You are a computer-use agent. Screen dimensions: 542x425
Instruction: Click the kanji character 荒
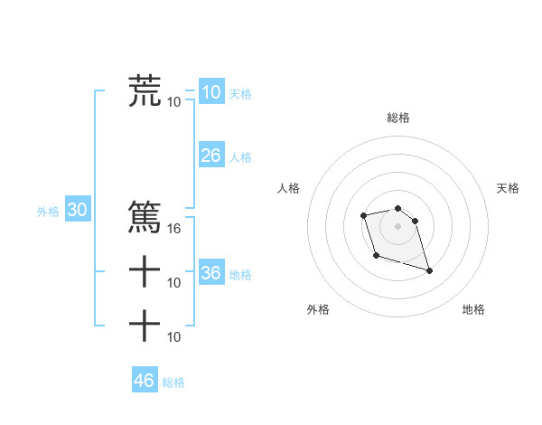tap(145, 91)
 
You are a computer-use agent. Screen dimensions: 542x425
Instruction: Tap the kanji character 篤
tap(145, 217)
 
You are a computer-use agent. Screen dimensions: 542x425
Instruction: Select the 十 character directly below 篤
tap(145, 271)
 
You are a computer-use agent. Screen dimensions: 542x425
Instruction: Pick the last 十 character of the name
tap(145, 325)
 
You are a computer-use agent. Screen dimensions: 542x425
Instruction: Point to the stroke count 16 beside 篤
tap(174, 228)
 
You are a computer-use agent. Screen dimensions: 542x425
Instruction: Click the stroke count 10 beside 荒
tap(174, 101)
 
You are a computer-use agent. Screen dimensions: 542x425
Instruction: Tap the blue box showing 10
tap(210, 91)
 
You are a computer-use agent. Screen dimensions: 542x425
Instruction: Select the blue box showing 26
tap(210, 156)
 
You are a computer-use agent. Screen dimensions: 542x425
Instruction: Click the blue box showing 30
tap(78, 211)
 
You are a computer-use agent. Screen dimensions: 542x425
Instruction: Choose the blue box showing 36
tap(210, 273)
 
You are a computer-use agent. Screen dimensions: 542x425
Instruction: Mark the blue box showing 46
tap(144, 381)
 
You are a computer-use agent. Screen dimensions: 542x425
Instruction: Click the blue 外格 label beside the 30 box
tap(48, 212)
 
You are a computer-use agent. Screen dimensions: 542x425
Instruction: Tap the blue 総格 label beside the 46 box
tap(173, 382)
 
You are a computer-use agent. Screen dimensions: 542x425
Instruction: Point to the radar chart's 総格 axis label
tap(398, 118)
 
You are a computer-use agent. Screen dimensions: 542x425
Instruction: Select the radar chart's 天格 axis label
tap(508, 188)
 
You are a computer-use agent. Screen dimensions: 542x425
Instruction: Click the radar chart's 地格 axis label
tap(473, 309)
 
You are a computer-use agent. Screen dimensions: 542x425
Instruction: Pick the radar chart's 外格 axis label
tap(318, 309)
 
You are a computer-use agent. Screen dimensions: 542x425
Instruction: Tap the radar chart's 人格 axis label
tap(289, 188)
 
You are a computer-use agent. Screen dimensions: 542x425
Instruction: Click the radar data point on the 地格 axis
tap(429, 270)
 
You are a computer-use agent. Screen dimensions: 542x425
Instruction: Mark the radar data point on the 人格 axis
tap(363, 215)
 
